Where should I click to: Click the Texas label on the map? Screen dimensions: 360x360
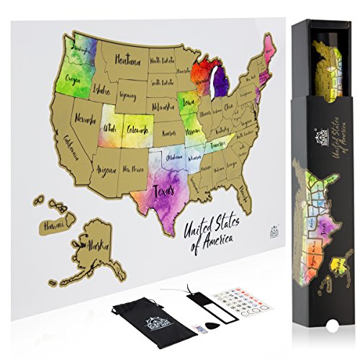(x=165, y=193)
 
